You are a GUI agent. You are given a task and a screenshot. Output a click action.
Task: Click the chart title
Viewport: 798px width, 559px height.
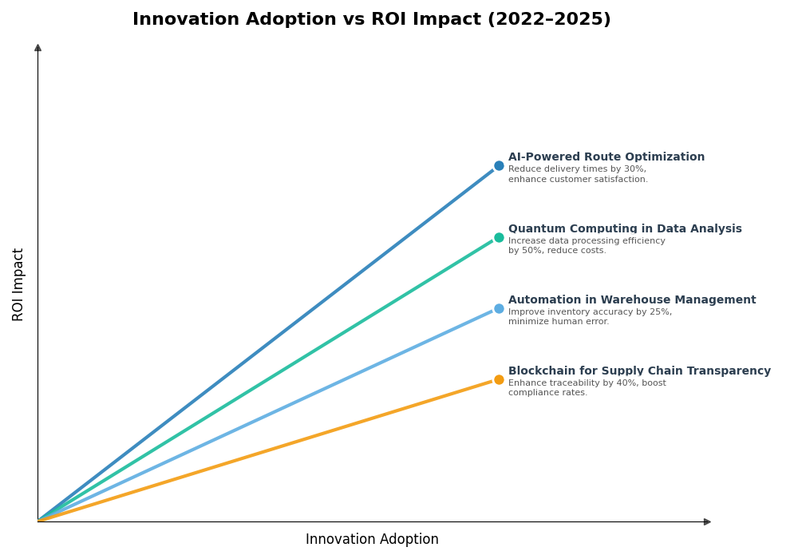point(371,20)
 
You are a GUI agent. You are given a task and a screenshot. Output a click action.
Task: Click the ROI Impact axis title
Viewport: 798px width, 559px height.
point(18,284)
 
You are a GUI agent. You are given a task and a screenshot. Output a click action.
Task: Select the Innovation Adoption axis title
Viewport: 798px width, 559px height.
point(372,540)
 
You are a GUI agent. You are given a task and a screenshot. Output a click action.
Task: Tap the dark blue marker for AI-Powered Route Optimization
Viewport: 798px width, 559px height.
point(499,166)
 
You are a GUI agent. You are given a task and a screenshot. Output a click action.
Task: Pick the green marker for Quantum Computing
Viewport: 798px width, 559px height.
point(499,237)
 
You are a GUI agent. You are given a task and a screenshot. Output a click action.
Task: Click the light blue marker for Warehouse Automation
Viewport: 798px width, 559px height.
point(499,308)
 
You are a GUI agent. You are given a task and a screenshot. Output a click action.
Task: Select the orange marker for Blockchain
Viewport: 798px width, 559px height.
point(499,379)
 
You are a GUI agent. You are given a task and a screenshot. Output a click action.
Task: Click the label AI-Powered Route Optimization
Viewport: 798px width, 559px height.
point(606,157)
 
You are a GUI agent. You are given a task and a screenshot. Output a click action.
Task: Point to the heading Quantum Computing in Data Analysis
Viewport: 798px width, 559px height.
point(625,229)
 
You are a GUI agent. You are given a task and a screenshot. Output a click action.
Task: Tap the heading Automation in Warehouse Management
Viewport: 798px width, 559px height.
point(632,300)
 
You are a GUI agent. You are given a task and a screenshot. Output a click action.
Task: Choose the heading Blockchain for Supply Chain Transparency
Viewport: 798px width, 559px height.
point(639,371)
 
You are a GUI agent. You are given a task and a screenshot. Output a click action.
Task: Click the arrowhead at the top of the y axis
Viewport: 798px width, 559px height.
point(38,48)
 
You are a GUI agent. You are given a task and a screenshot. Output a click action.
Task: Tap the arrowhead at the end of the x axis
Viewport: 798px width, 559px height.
point(707,521)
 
